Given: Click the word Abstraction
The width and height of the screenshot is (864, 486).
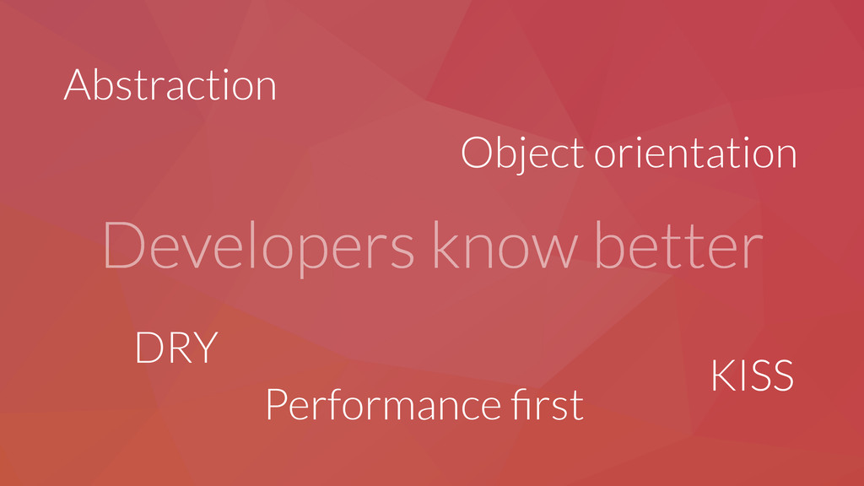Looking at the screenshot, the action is pyautogui.click(x=170, y=85).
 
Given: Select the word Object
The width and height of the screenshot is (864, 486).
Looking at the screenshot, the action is pyautogui.click(x=522, y=154).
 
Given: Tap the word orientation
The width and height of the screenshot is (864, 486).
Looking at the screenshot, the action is pyautogui.click(x=695, y=152).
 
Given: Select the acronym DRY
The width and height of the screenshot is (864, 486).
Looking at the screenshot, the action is pyautogui.click(x=177, y=348).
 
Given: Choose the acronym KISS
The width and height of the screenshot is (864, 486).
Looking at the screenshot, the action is pyautogui.click(x=753, y=375).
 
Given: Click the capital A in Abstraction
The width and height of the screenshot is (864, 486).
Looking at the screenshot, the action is pyautogui.click(x=77, y=85).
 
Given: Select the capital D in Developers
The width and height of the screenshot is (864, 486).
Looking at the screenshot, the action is pyautogui.click(x=123, y=245).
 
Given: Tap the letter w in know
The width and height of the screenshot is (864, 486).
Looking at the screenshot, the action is pyautogui.click(x=553, y=251).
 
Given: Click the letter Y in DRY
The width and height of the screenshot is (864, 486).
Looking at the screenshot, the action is pyautogui.click(x=206, y=348).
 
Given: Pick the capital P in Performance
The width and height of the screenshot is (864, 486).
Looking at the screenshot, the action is pyautogui.click(x=276, y=405).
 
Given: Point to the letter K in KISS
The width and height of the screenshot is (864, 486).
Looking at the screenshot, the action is pyautogui.click(x=722, y=375).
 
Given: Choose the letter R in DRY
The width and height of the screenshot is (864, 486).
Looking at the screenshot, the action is pyautogui.click(x=180, y=348).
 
